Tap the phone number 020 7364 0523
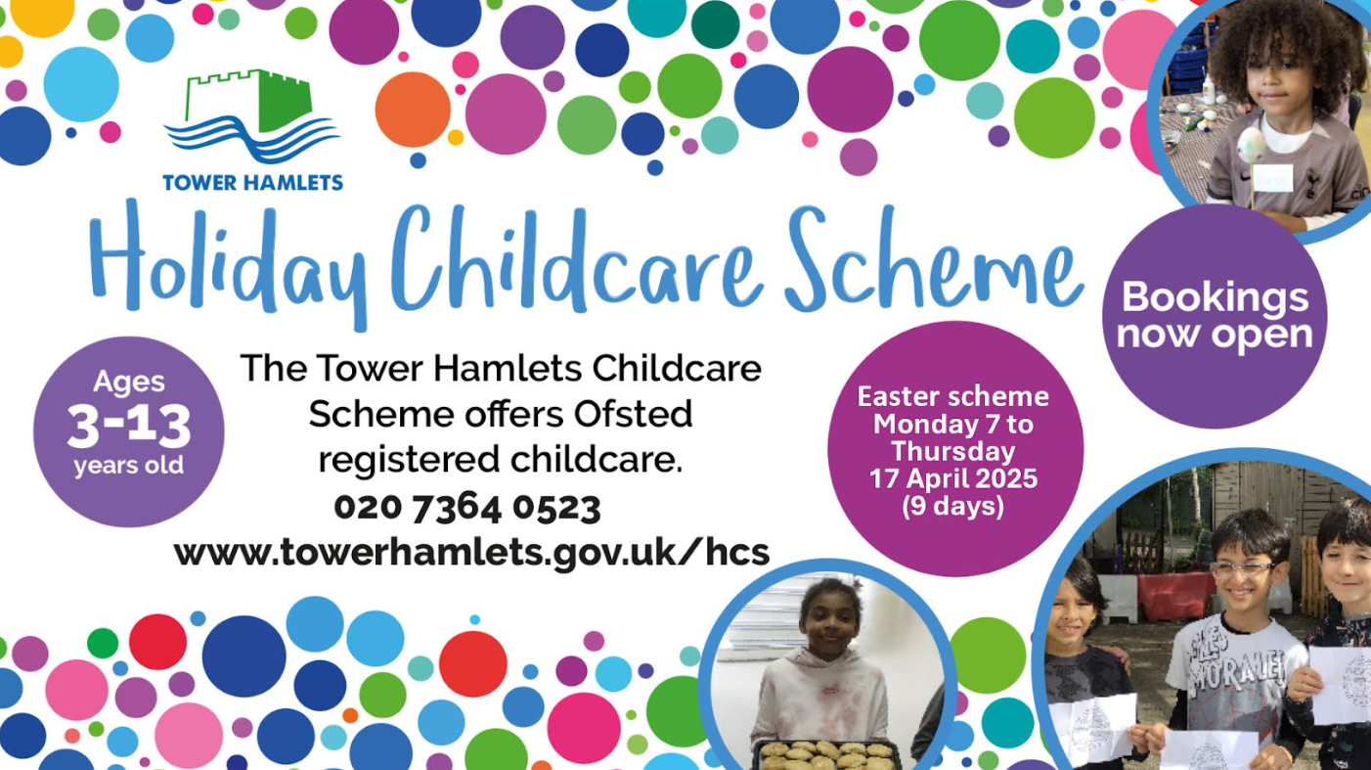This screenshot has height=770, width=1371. tap(467, 508)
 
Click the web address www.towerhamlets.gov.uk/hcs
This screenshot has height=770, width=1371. tap(471, 553)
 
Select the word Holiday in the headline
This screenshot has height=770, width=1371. tap(228, 263)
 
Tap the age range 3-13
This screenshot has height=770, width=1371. tap(129, 426)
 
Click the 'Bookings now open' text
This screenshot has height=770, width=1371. tap(1215, 316)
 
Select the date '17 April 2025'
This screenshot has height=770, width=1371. tap(953, 478)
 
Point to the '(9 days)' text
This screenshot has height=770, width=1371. tap(953, 507)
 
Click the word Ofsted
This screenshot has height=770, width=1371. tap(633, 414)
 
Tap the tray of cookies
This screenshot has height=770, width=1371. tap(826, 754)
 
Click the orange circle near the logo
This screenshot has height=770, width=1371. tap(413, 110)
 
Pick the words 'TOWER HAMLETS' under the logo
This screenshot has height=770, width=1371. tap(252, 183)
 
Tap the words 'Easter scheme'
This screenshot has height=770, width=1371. tap(953, 397)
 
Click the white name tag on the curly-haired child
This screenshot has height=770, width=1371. tap(1272, 178)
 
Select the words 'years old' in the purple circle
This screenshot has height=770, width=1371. tap(128, 466)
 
